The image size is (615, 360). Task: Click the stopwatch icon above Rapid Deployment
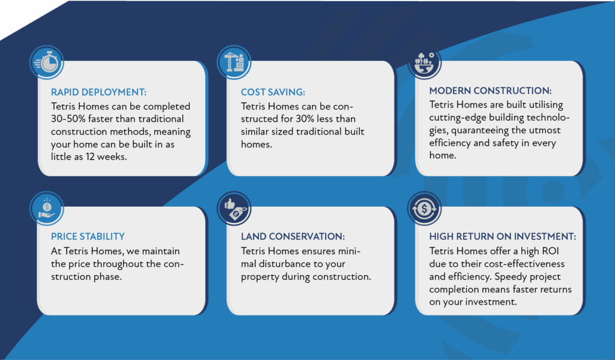pyautogui.click(x=47, y=63)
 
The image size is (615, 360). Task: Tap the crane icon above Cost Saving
pyautogui.click(x=234, y=62)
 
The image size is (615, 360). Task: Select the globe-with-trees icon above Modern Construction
pyautogui.click(x=425, y=63)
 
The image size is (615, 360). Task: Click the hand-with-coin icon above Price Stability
pyautogui.click(x=47, y=209)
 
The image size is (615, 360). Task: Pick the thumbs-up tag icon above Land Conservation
pyautogui.click(x=234, y=209)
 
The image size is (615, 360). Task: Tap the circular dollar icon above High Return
pyautogui.click(x=425, y=209)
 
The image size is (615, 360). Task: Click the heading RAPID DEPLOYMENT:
pyautogui.click(x=98, y=93)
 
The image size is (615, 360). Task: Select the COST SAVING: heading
pyautogui.click(x=273, y=93)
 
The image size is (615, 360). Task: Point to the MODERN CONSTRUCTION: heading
pyautogui.click(x=490, y=91)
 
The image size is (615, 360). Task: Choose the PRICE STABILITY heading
pyautogui.click(x=88, y=236)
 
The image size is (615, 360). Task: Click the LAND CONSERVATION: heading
pyautogui.click(x=292, y=236)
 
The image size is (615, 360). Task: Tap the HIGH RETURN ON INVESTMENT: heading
pyautogui.click(x=503, y=236)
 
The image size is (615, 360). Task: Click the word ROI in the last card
pyautogui.click(x=550, y=251)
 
